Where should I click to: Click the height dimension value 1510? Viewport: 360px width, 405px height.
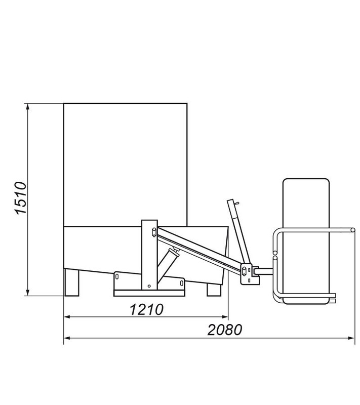[x=20, y=198]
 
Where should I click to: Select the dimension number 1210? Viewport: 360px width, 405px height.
[x=146, y=309]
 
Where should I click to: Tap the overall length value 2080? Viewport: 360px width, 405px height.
[x=225, y=330]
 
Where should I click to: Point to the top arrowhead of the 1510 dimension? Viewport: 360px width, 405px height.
[x=28, y=107]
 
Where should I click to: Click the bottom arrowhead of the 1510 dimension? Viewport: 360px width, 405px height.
[x=28, y=292]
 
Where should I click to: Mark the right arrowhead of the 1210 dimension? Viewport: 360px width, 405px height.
[x=224, y=317]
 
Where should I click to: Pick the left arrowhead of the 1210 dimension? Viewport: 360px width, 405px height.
[x=68, y=317]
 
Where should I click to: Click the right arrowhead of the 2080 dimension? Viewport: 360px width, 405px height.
[x=351, y=338]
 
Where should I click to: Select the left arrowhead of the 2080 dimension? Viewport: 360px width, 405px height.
[x=68, y=338]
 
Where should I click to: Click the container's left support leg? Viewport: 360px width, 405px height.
[x=71, y=282]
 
